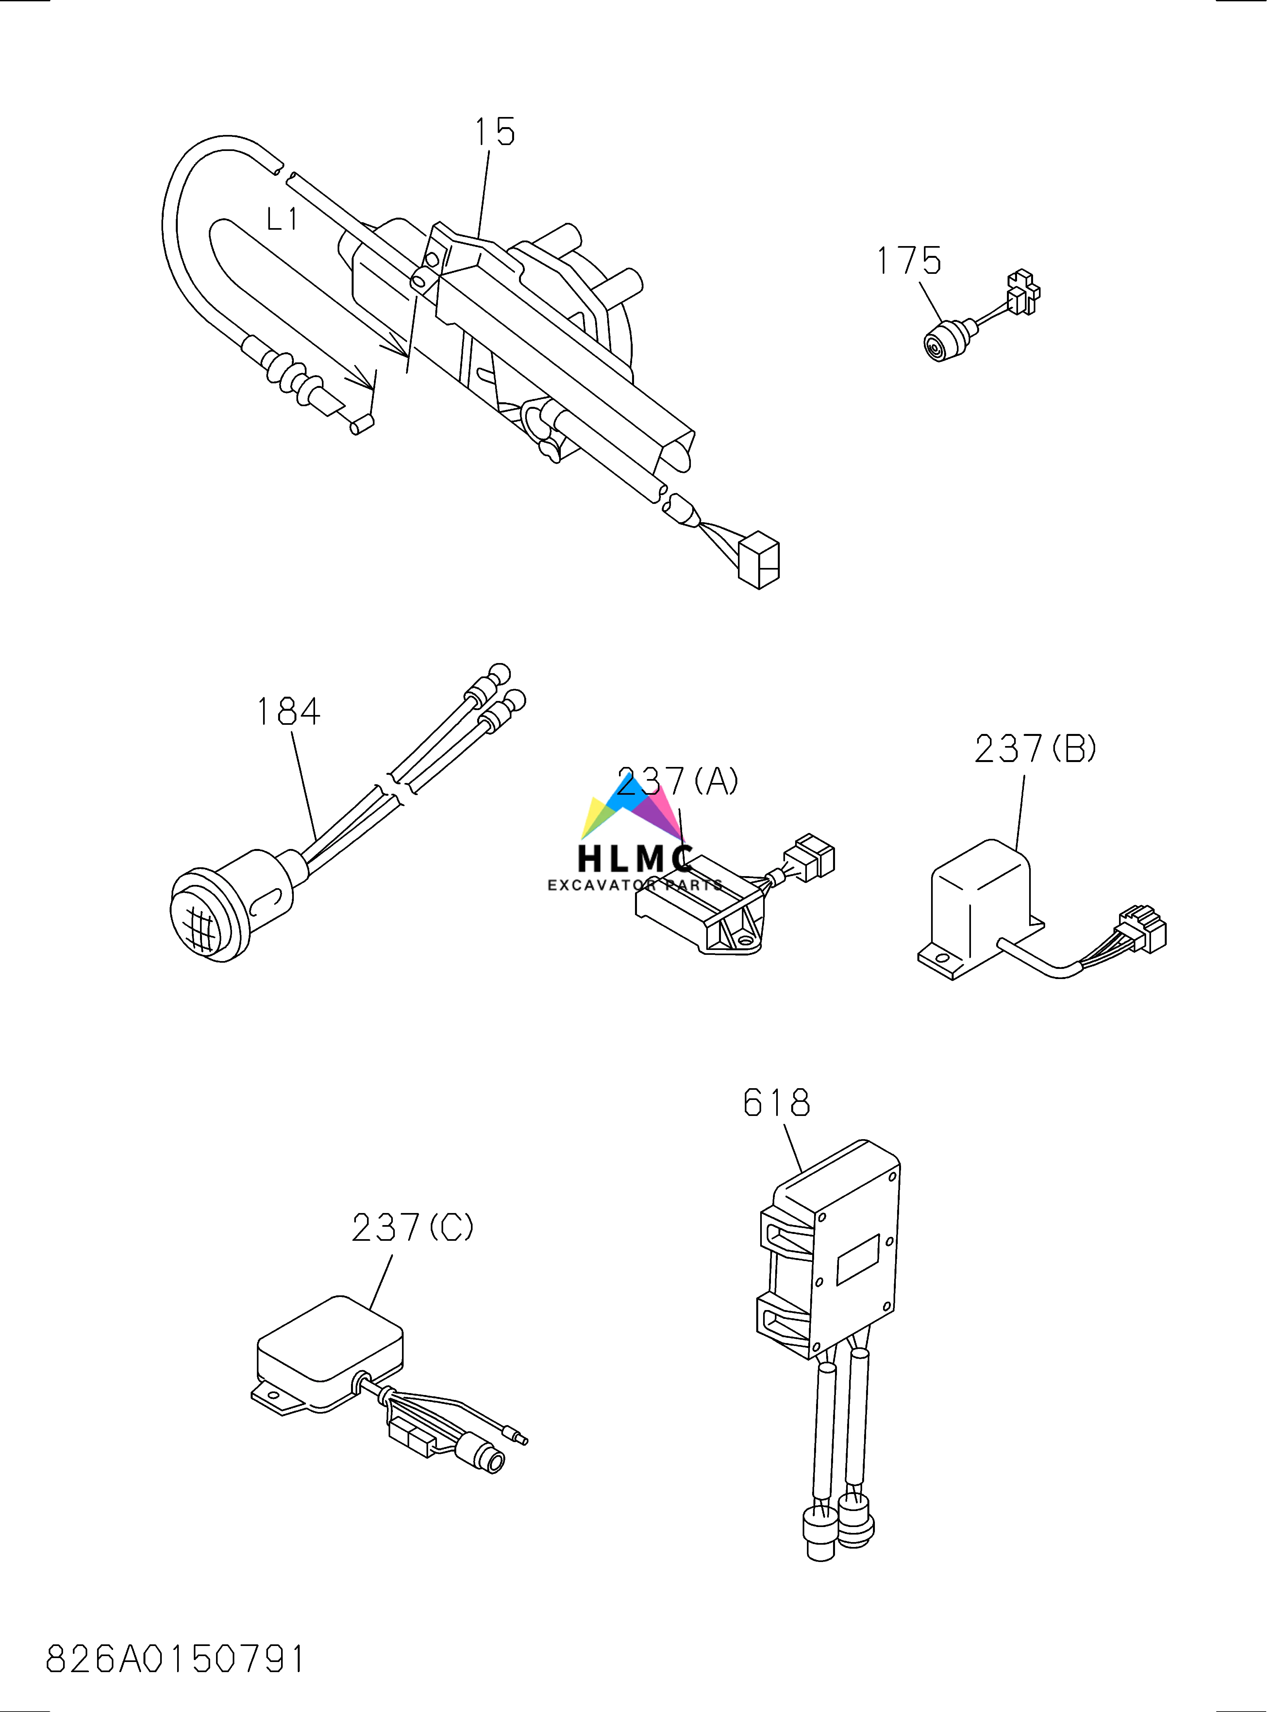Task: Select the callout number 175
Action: tap(909, 261)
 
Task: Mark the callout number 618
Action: tap(777, 1103)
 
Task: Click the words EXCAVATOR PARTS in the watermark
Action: tap(635, 886)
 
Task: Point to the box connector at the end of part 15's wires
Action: tap(759, 560)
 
